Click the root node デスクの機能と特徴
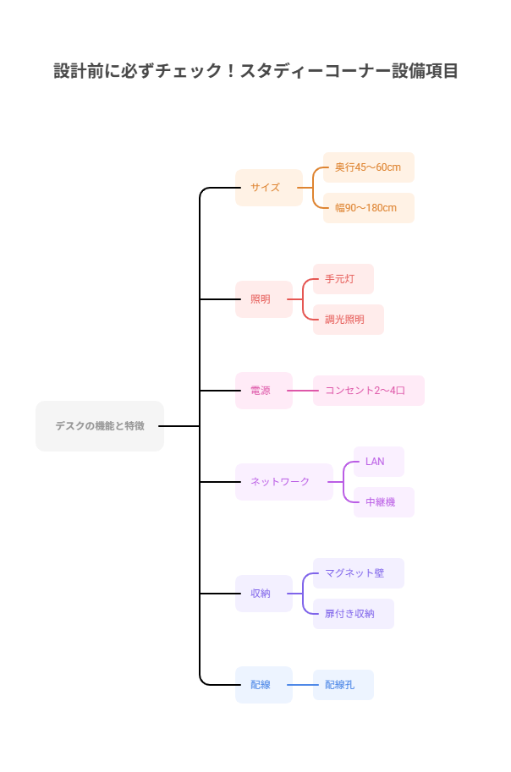pos(100,426)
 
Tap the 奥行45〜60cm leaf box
pos(368,167)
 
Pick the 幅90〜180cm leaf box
pos(368,208)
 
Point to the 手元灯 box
pos(343,279)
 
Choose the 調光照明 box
pos(348,320)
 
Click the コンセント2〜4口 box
pos(368,391)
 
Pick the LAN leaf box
pos(378,462)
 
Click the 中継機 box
pos(383,502)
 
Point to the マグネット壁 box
pos(358,573)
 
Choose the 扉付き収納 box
pos(353,614)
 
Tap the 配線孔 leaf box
pos(343,685)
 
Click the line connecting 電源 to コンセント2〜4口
pos(303,391)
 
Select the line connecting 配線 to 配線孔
pos(303,685)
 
